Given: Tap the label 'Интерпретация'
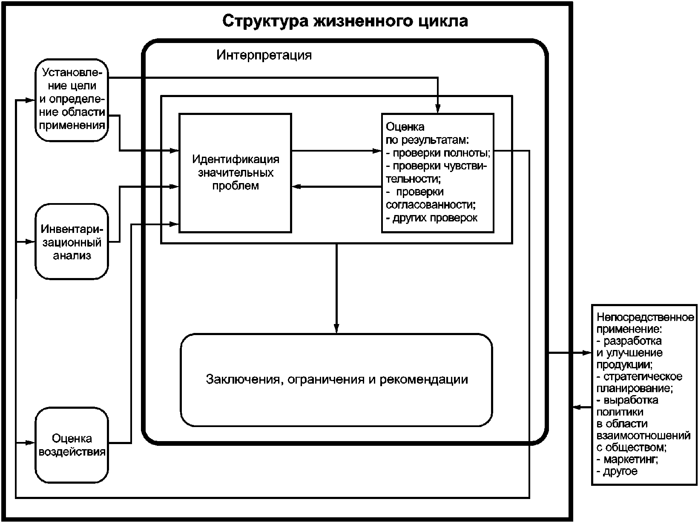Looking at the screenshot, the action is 264,55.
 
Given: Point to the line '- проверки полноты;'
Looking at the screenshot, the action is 438,153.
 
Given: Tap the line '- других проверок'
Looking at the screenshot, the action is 431,218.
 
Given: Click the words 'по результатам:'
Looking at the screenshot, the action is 427,140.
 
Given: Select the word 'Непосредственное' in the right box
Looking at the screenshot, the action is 645,317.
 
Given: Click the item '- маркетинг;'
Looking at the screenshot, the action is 627,459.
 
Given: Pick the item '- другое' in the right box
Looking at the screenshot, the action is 617,471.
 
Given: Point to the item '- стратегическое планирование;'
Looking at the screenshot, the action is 639,382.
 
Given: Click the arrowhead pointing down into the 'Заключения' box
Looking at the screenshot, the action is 336,329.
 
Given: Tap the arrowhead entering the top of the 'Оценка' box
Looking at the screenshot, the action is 438,109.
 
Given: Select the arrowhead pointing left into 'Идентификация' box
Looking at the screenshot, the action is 297,186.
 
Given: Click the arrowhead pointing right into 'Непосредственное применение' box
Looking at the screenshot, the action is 587,353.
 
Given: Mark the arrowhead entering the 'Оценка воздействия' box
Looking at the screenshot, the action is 30,442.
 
